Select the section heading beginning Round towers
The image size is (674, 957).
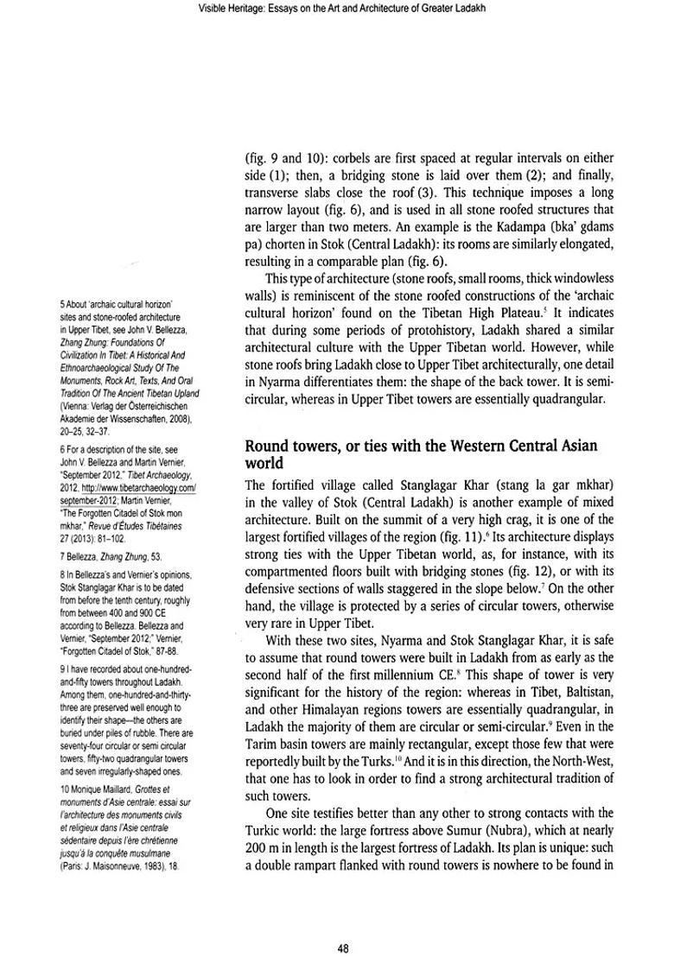(x=429, y=453)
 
